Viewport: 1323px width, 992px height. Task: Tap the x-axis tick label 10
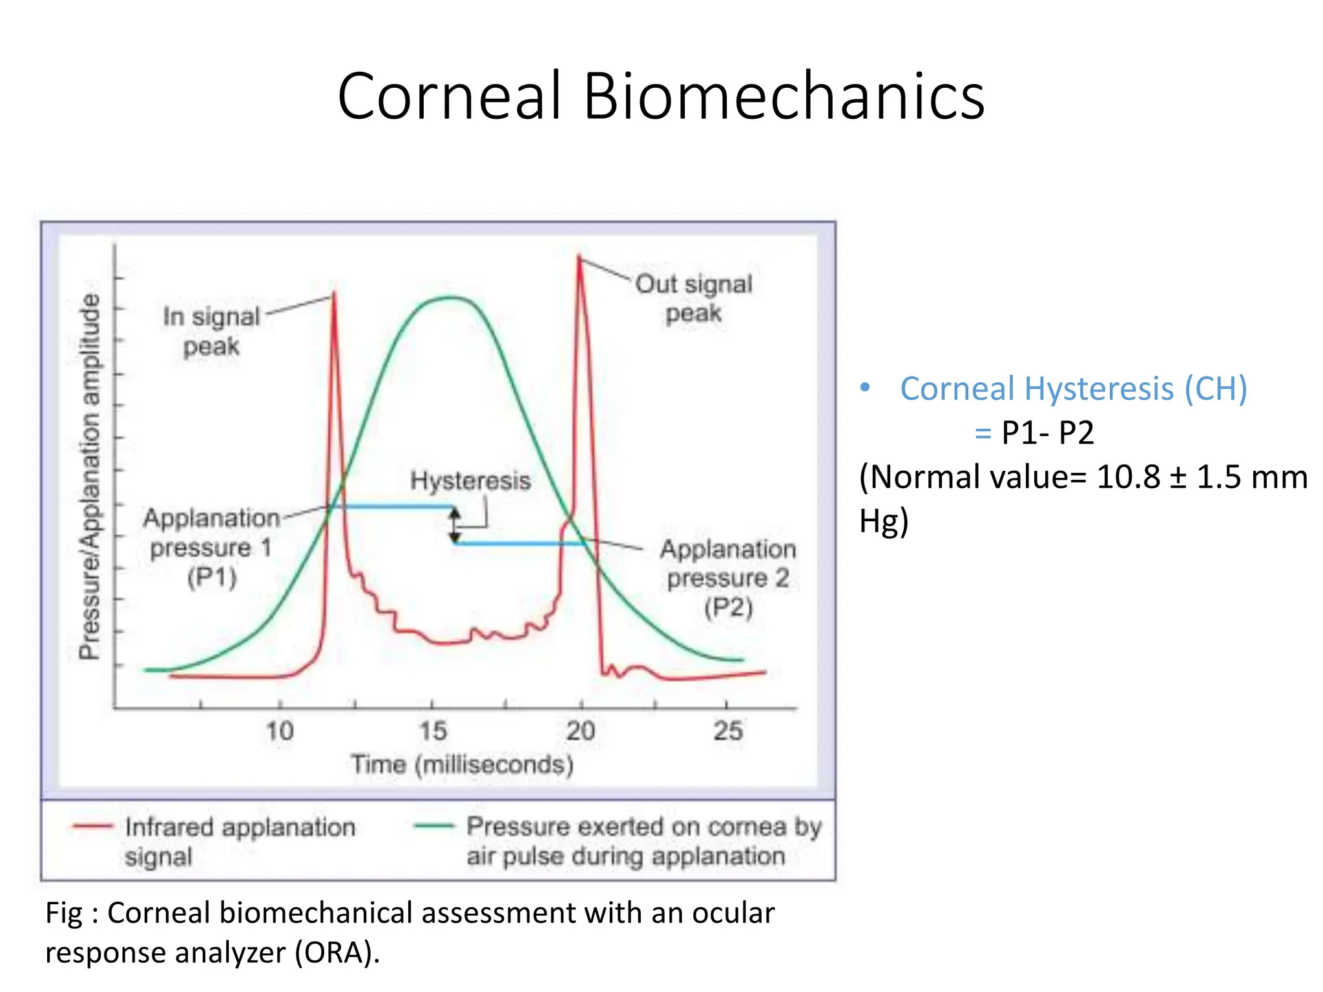click(x=280, y=731)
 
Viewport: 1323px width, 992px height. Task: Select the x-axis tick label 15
click(x=432, y=731)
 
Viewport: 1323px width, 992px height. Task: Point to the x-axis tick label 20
click(x=580, y=731)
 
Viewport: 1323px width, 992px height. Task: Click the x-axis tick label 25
click(x=727, y=731)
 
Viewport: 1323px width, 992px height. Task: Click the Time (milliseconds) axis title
click(x=462, y=765)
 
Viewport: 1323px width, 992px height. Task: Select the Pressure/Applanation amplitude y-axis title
click(x=90, y=477)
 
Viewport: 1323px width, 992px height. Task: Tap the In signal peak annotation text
click(x=211, y=331)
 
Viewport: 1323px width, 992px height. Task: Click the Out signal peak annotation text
click(x=694, y=298)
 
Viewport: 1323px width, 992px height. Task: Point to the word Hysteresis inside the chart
click(x=470, y=480)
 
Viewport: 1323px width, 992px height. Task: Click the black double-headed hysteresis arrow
click(x=455, y=524)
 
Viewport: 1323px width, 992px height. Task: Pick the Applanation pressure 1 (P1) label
click(x=211, y=548)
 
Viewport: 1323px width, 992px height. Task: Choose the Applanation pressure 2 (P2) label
click(x=728, y=578)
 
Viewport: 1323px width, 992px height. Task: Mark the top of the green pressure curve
click(x=451, y=298)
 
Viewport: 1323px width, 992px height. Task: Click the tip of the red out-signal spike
click(x=579, y=257)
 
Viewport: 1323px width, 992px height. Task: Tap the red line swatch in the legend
click(x=93, y=826)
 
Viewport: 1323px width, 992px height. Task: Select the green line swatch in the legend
click(x=434, y=825)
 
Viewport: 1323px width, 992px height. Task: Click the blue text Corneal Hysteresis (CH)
click(x=1073, y=389)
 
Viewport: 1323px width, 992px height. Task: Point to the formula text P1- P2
click(x=1047, y=433)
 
